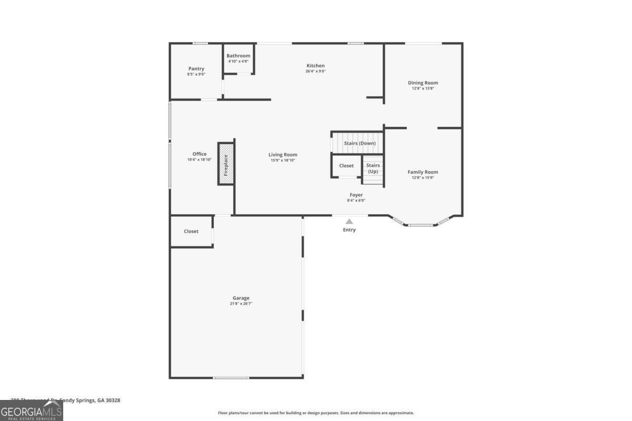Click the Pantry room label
pos(196,69)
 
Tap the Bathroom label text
pos(238,56)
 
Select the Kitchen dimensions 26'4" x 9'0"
pos(315,71)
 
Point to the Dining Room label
pos(423,83)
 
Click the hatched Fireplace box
pos(226,163)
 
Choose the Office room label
pos(199,154)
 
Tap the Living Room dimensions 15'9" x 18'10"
pos(283,160)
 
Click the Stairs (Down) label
pos(360,143)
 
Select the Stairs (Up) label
pos(373,168)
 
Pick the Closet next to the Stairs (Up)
pos(347,166)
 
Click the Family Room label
pos(422,172)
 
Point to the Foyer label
pos(356,195)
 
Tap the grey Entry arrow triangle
pos(349,222)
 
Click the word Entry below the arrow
pos(349,230)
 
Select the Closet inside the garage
pos(191,231)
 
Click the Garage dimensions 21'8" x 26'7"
pos(241,303)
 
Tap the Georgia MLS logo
pos(32,410)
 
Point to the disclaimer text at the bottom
pos(316,413)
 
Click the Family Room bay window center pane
pos(421,225)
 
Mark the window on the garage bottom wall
pos(231,378)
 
